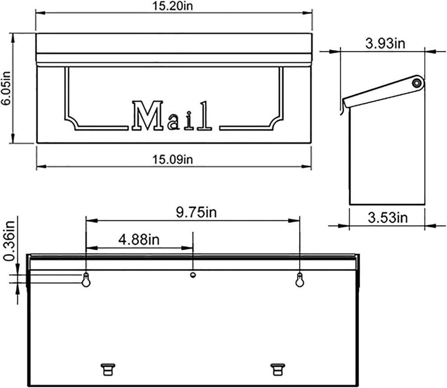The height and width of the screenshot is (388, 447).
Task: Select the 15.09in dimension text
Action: pyautogui.click(x=173, y=159)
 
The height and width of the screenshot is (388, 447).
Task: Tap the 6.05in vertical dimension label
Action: pyautogui.click(x=5, y=89)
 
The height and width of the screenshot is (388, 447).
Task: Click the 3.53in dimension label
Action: pyautogui.click(x=387, y=218)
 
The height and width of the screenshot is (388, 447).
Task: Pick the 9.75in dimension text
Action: pyautogui.click(x=193, y=212)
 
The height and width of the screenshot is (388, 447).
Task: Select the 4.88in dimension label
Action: pyautogui.click(x=139, y=239)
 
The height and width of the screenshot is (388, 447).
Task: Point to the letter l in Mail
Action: pyautogui.click(x=205, y=116)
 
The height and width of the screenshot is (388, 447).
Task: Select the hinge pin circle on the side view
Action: pyautogui.click(x=417, y=82)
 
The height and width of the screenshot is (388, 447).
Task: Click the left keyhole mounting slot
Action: pyautogui.click(x=86, y=280)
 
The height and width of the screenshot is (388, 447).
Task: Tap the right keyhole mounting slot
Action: pyautogui.click(x=299, y=280)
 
